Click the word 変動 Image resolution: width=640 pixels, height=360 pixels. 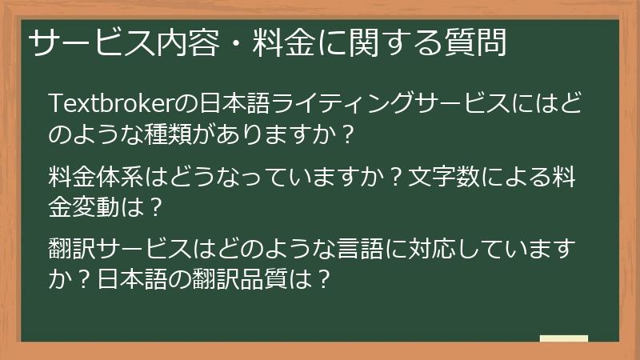tap(99, 206)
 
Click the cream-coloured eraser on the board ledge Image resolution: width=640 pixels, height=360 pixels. tap(563, 338)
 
